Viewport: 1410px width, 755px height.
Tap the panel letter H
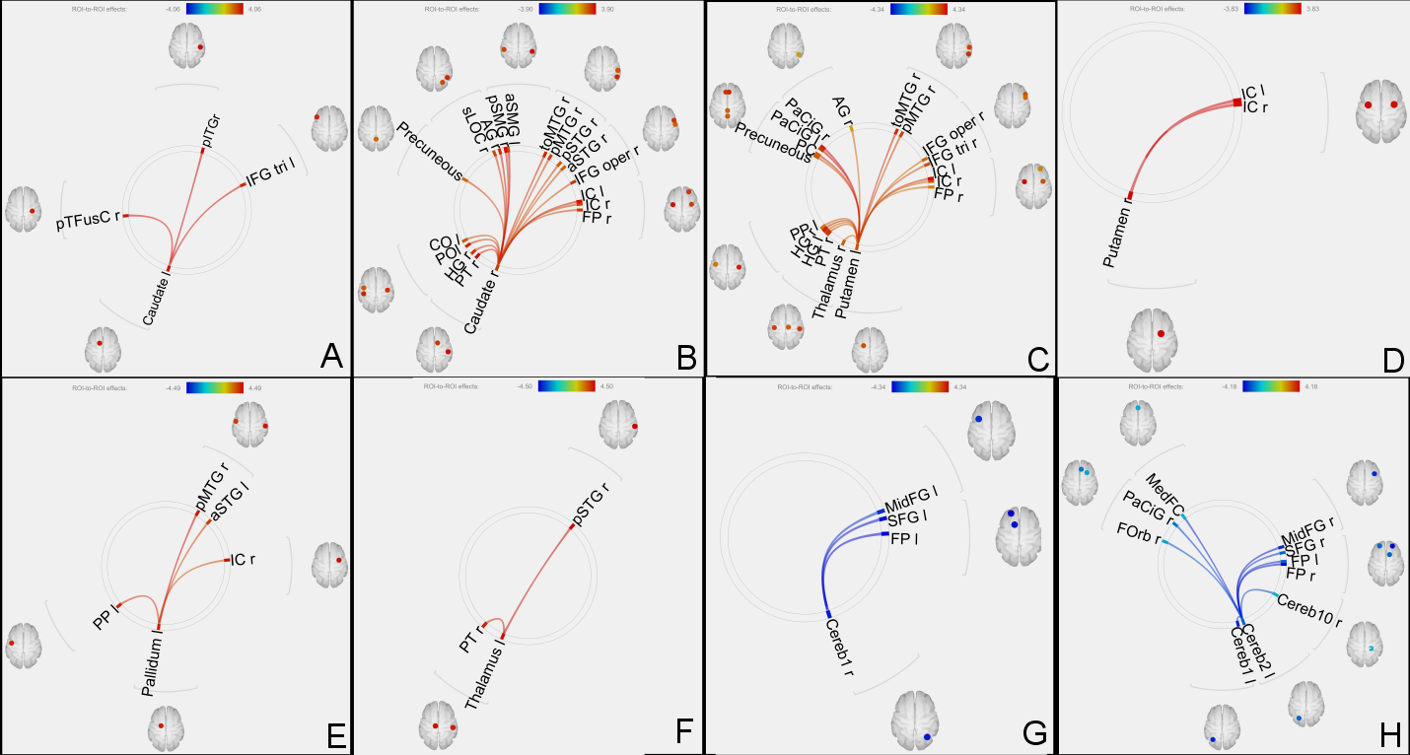tap(1389, 733)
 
